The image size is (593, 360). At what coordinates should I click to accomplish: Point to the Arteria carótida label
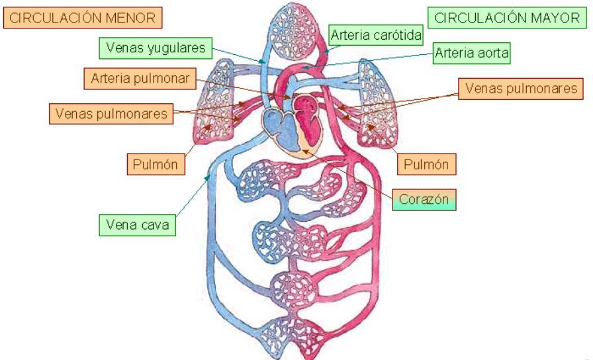point(375,35)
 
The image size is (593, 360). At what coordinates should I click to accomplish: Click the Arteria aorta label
point(471,54)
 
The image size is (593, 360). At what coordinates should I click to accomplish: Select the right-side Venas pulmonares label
point(520,89)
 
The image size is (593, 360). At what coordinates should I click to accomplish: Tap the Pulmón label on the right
point(426,164)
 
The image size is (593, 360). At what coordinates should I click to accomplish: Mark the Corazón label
point(424,199)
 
